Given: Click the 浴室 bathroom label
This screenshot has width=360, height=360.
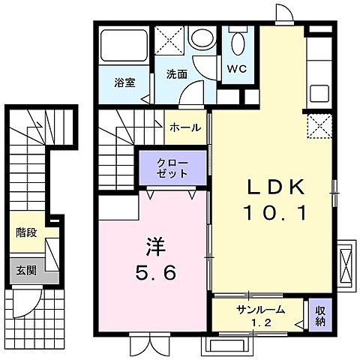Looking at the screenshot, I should coord(124,82).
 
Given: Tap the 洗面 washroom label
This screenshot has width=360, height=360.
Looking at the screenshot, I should coord(176,74).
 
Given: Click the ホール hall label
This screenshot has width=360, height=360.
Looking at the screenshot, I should coord(184,127).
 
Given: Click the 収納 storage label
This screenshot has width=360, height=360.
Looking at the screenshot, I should coord(319,316).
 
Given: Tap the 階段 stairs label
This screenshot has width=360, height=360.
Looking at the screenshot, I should coord(27,233).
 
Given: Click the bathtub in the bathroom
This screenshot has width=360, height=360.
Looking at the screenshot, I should coord(123,46).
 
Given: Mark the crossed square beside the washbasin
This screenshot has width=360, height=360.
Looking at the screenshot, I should coord(170,40).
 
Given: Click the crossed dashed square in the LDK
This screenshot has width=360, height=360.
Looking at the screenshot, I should coord(319,127).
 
